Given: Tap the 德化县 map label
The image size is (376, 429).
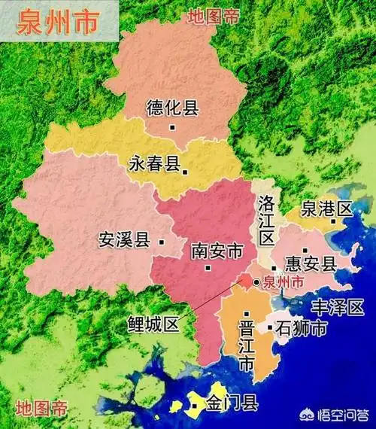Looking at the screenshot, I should [172, 108].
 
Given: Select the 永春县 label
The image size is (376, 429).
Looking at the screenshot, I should [154, 163].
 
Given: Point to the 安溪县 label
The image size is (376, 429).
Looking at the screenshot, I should [124, 241].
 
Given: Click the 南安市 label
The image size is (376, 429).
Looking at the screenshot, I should [217, 250].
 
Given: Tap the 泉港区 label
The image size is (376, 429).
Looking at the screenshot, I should [326, 208].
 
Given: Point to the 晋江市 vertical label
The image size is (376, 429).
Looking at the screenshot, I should [245, 344].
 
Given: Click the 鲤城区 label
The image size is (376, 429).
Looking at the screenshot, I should [153, 324].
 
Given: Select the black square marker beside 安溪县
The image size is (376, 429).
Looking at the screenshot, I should [159, 242].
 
